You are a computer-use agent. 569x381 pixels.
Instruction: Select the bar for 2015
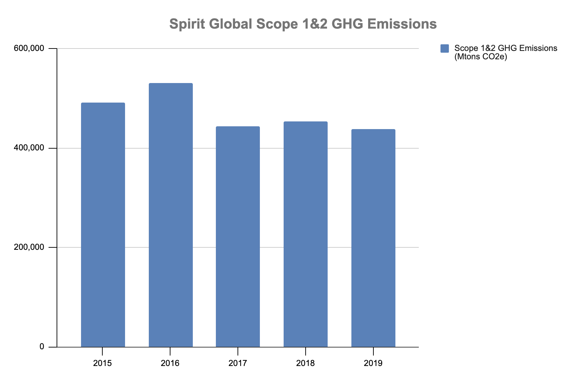103,225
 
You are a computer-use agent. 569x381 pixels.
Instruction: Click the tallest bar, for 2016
170,215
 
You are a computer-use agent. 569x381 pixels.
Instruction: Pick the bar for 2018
306,234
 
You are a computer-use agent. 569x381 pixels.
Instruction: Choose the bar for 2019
373,238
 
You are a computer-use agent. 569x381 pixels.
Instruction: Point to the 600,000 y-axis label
29,48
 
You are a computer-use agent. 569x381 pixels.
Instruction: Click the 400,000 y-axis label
29,148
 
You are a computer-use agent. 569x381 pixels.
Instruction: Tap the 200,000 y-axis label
29,247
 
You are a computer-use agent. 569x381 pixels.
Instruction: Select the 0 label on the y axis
42,346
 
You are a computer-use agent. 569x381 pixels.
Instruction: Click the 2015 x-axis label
103,363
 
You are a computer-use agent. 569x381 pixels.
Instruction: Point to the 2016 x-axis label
170,363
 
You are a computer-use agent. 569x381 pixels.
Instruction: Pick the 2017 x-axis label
238,363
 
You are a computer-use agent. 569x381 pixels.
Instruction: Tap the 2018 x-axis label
306,363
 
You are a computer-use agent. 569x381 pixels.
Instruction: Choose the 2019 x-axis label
373,363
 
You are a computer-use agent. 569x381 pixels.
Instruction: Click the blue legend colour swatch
445,48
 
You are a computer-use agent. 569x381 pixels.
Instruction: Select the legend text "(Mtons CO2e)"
481,57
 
